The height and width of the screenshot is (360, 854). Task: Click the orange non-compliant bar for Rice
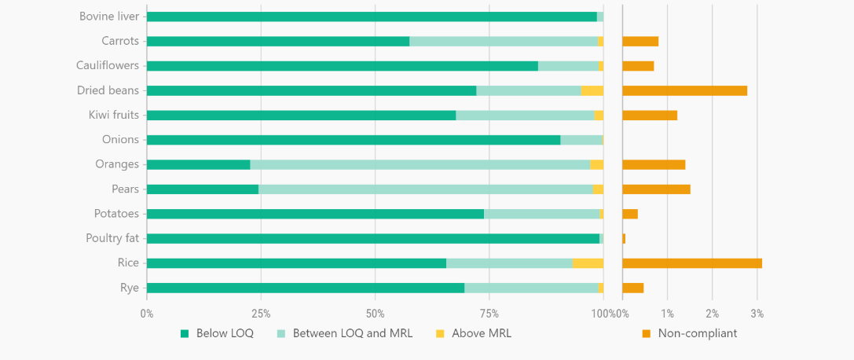(691, 263)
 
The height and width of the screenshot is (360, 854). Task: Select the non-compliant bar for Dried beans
(684, 90)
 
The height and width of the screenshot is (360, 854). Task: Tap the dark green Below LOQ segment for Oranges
(198, 164)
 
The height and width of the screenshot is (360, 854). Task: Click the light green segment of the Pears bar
(425, 189)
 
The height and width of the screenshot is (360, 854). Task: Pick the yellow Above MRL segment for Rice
(588, 263)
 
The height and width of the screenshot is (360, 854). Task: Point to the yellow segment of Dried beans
(592, 90)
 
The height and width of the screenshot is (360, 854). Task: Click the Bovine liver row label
(109, 17)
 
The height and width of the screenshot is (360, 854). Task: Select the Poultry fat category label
(112, 238)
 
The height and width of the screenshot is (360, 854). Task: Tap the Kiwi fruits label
(114, 115)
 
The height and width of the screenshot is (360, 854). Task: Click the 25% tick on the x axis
(261, 314)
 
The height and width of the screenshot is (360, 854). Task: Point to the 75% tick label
(489, 314)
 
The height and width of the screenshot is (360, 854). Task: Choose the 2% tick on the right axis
(713, 314)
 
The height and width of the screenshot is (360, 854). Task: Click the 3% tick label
(757, 314)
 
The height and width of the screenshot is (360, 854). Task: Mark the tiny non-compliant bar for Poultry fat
(624, 238)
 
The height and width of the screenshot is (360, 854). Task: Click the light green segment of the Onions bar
(581, 140)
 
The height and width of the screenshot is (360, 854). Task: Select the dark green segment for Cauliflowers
(342, 66)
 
